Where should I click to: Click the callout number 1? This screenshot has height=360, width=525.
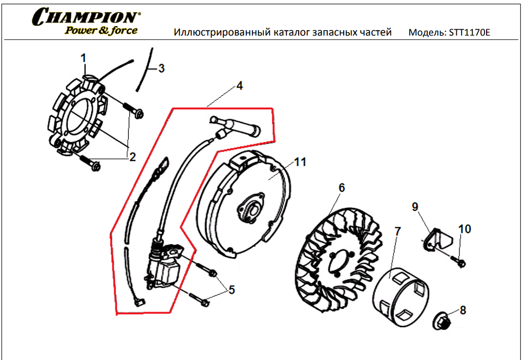[83, 58]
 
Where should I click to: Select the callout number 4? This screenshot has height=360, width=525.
[239, 86]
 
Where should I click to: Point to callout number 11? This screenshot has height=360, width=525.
[300, 162]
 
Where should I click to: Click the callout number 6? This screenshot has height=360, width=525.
[342, 188]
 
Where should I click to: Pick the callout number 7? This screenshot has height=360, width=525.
[397, 231]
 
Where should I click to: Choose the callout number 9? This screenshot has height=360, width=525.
[414, 206]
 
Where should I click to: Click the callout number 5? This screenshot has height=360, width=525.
[232, 290]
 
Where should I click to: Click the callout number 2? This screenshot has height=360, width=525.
[132, 157]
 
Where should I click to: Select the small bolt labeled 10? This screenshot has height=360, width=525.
[459, 262]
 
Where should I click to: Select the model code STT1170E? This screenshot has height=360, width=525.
[469, 33]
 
